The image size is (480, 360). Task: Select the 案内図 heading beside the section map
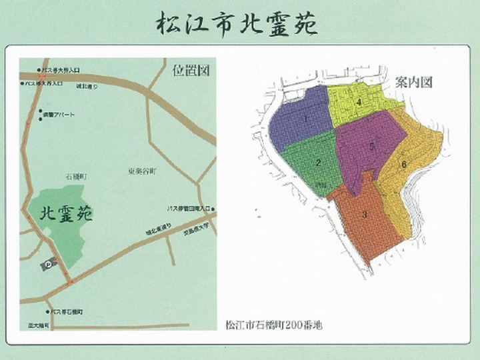(414, 83)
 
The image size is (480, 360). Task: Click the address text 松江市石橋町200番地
(274, 325)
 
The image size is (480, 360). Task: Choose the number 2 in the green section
(319, 162)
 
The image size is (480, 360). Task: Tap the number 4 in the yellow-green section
(359, 102)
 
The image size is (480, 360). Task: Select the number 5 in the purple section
(371, 143)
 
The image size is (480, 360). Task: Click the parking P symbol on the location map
(49, 265)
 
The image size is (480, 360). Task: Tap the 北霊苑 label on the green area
(67, 214)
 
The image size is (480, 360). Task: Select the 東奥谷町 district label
(141, 171)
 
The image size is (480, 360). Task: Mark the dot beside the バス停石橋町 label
(48, 311)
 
